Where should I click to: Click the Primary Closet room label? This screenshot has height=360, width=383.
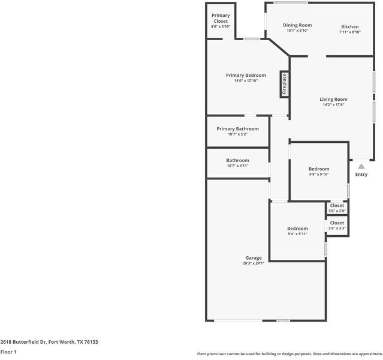coord(221,18)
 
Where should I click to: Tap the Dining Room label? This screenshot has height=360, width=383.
coord(297,25)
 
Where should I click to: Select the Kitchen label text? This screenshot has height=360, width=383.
coord(350,27)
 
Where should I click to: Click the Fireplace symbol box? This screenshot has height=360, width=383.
coord(284,84)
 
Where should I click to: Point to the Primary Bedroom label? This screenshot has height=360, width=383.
coord(246,75)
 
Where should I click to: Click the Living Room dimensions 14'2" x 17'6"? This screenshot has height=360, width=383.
coord(333,105)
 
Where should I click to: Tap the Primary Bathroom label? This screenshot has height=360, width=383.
coord(237,129)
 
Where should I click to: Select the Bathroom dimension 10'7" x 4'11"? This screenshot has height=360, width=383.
coord(237,166)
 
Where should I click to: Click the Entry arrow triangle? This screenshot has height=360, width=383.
coord(361,166)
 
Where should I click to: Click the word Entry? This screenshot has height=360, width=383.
coord(361,175)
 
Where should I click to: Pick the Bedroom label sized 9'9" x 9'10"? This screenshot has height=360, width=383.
coord(319,169)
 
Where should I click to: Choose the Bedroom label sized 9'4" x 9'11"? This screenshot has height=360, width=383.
coord(297,229)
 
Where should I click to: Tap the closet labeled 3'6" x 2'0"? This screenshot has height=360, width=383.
coord(337,208)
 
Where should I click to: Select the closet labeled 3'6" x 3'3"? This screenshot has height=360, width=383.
coord(337,225)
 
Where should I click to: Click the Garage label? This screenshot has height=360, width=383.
coord(253,258)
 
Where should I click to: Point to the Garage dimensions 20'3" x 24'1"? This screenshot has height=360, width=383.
coord(253,263)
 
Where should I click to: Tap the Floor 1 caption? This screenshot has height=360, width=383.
coord(8,352)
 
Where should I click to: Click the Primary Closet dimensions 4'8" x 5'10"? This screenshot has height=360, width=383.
coord(221,26)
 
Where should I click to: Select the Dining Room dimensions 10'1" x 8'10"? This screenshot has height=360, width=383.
coord(297,31)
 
